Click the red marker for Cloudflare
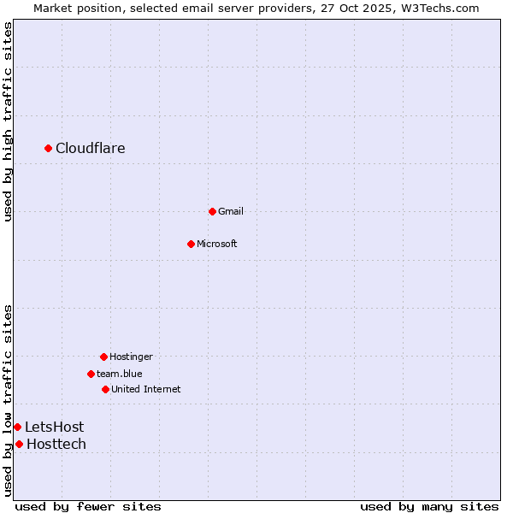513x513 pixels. (x=49, y=149)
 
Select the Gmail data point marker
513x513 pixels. (x=212, y=211)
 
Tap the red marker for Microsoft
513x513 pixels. (x=191, y=244)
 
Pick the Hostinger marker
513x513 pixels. (x=103, y=357)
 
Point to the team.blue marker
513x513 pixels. (x=91, y=374)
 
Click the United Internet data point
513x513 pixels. (x=105, y=389)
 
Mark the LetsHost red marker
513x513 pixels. (x=17, y=427)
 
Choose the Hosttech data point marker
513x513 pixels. (x=19, y=444)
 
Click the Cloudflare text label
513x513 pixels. (x=91, y=149)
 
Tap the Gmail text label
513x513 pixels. (x=231, y=211)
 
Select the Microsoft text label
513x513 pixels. (x=217, y=244)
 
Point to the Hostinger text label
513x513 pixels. (x=131, y=357)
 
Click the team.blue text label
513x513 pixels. (x=120, y=374)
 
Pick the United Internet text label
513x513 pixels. (x=146, y=389)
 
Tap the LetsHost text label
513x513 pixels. (x=54, y=427)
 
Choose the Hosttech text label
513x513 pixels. (x=56, y=444)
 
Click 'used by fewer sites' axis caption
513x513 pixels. (x=88, y=506)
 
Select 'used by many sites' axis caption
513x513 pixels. (x=429, y=506)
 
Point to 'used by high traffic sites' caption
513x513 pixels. (x=8, y=121)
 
